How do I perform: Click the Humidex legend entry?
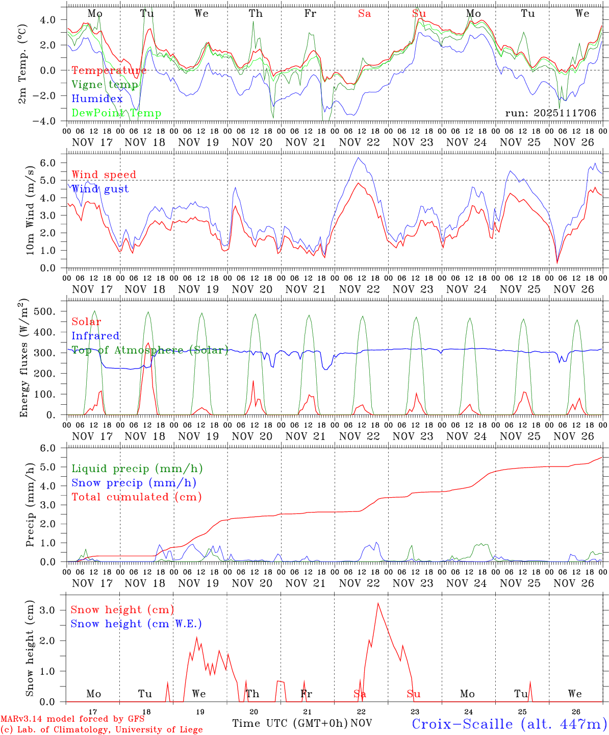click(x=97, y=99)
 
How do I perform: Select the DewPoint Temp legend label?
click(x=116, y=113)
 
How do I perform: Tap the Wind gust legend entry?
click(x=100, y=189)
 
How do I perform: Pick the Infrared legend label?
click(x=95, y=336)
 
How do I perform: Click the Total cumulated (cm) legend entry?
click(x=136, y=497)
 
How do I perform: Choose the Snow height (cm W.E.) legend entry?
click(x=136, y=624)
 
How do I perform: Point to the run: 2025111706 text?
click(x=550, y=113)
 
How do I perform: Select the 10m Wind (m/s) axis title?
click(x=30, y=211)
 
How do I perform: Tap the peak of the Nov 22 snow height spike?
click(x=378, y=603)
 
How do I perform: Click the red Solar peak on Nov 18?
click(x=148, y=343)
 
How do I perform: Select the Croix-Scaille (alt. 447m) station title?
click(x=509, y=724)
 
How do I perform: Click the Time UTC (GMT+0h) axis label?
click(x=290, y=723)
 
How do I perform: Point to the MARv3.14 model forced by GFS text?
click(x=72, y=719)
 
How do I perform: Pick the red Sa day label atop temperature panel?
click(x=364, y=14)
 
